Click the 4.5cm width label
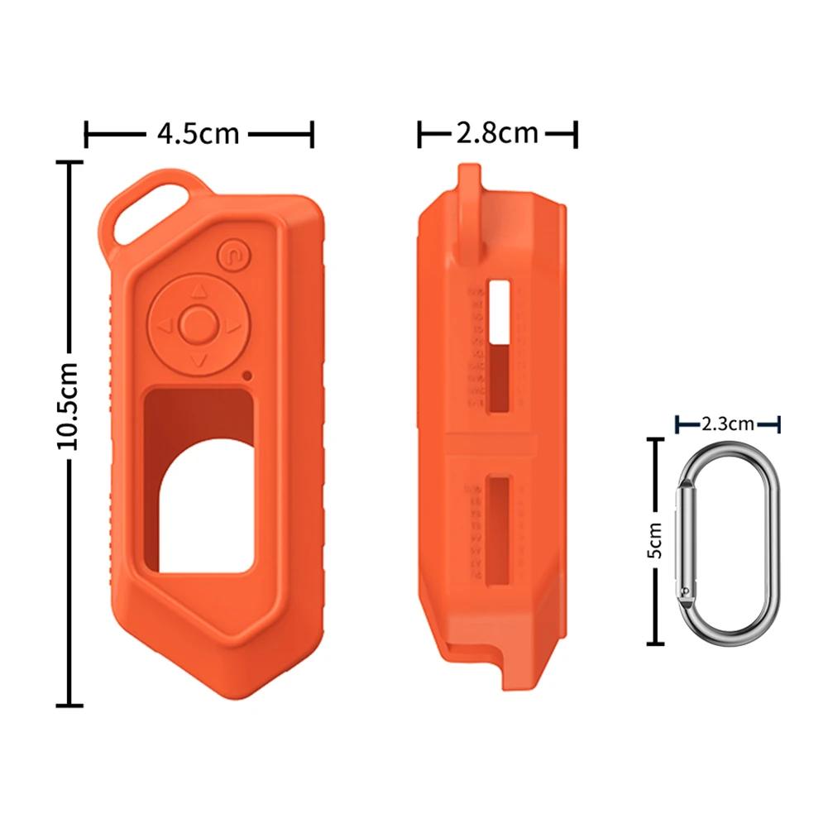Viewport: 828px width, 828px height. coord(198,134)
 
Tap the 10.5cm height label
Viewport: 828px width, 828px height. coord(68,406)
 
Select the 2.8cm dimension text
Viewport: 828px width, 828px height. coord(497,133)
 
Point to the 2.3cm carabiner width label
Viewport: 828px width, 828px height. coord(728,424)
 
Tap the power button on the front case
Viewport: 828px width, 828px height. coord(234,256)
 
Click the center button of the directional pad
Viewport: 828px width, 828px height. coord(198,323)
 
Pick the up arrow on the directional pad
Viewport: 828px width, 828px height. coord(199,290)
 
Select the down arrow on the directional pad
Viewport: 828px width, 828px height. coord(199,361)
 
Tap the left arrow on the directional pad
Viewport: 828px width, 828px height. coord(165,326)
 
